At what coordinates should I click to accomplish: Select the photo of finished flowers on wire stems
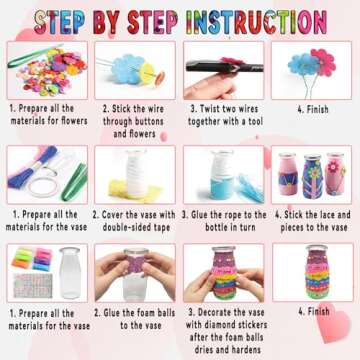tap(310, 69)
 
